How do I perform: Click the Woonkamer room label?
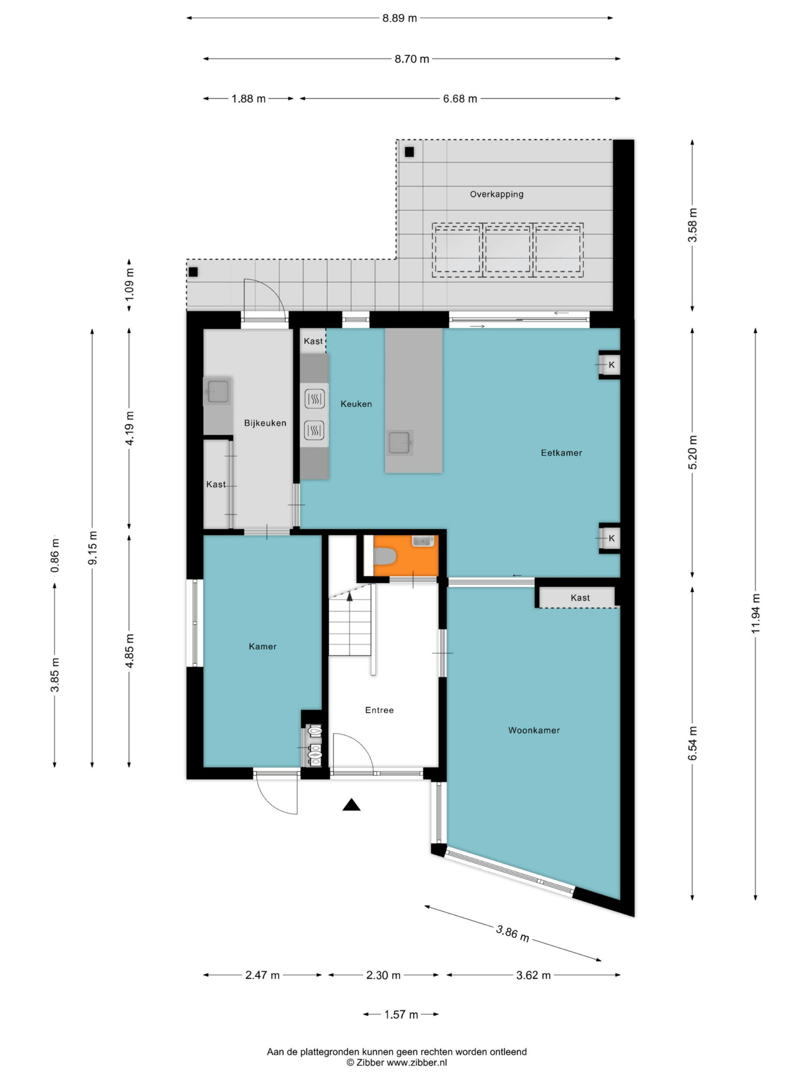534,730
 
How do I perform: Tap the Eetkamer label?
561,453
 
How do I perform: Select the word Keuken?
356,404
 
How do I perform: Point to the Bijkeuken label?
265,423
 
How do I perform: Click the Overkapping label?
496,194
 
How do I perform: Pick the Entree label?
379,710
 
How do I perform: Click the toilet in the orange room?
385,556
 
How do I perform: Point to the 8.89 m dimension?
400,19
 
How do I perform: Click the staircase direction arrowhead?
350,596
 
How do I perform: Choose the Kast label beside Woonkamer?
580,598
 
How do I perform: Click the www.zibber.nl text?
417,1062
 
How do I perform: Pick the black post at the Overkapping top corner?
409,152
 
